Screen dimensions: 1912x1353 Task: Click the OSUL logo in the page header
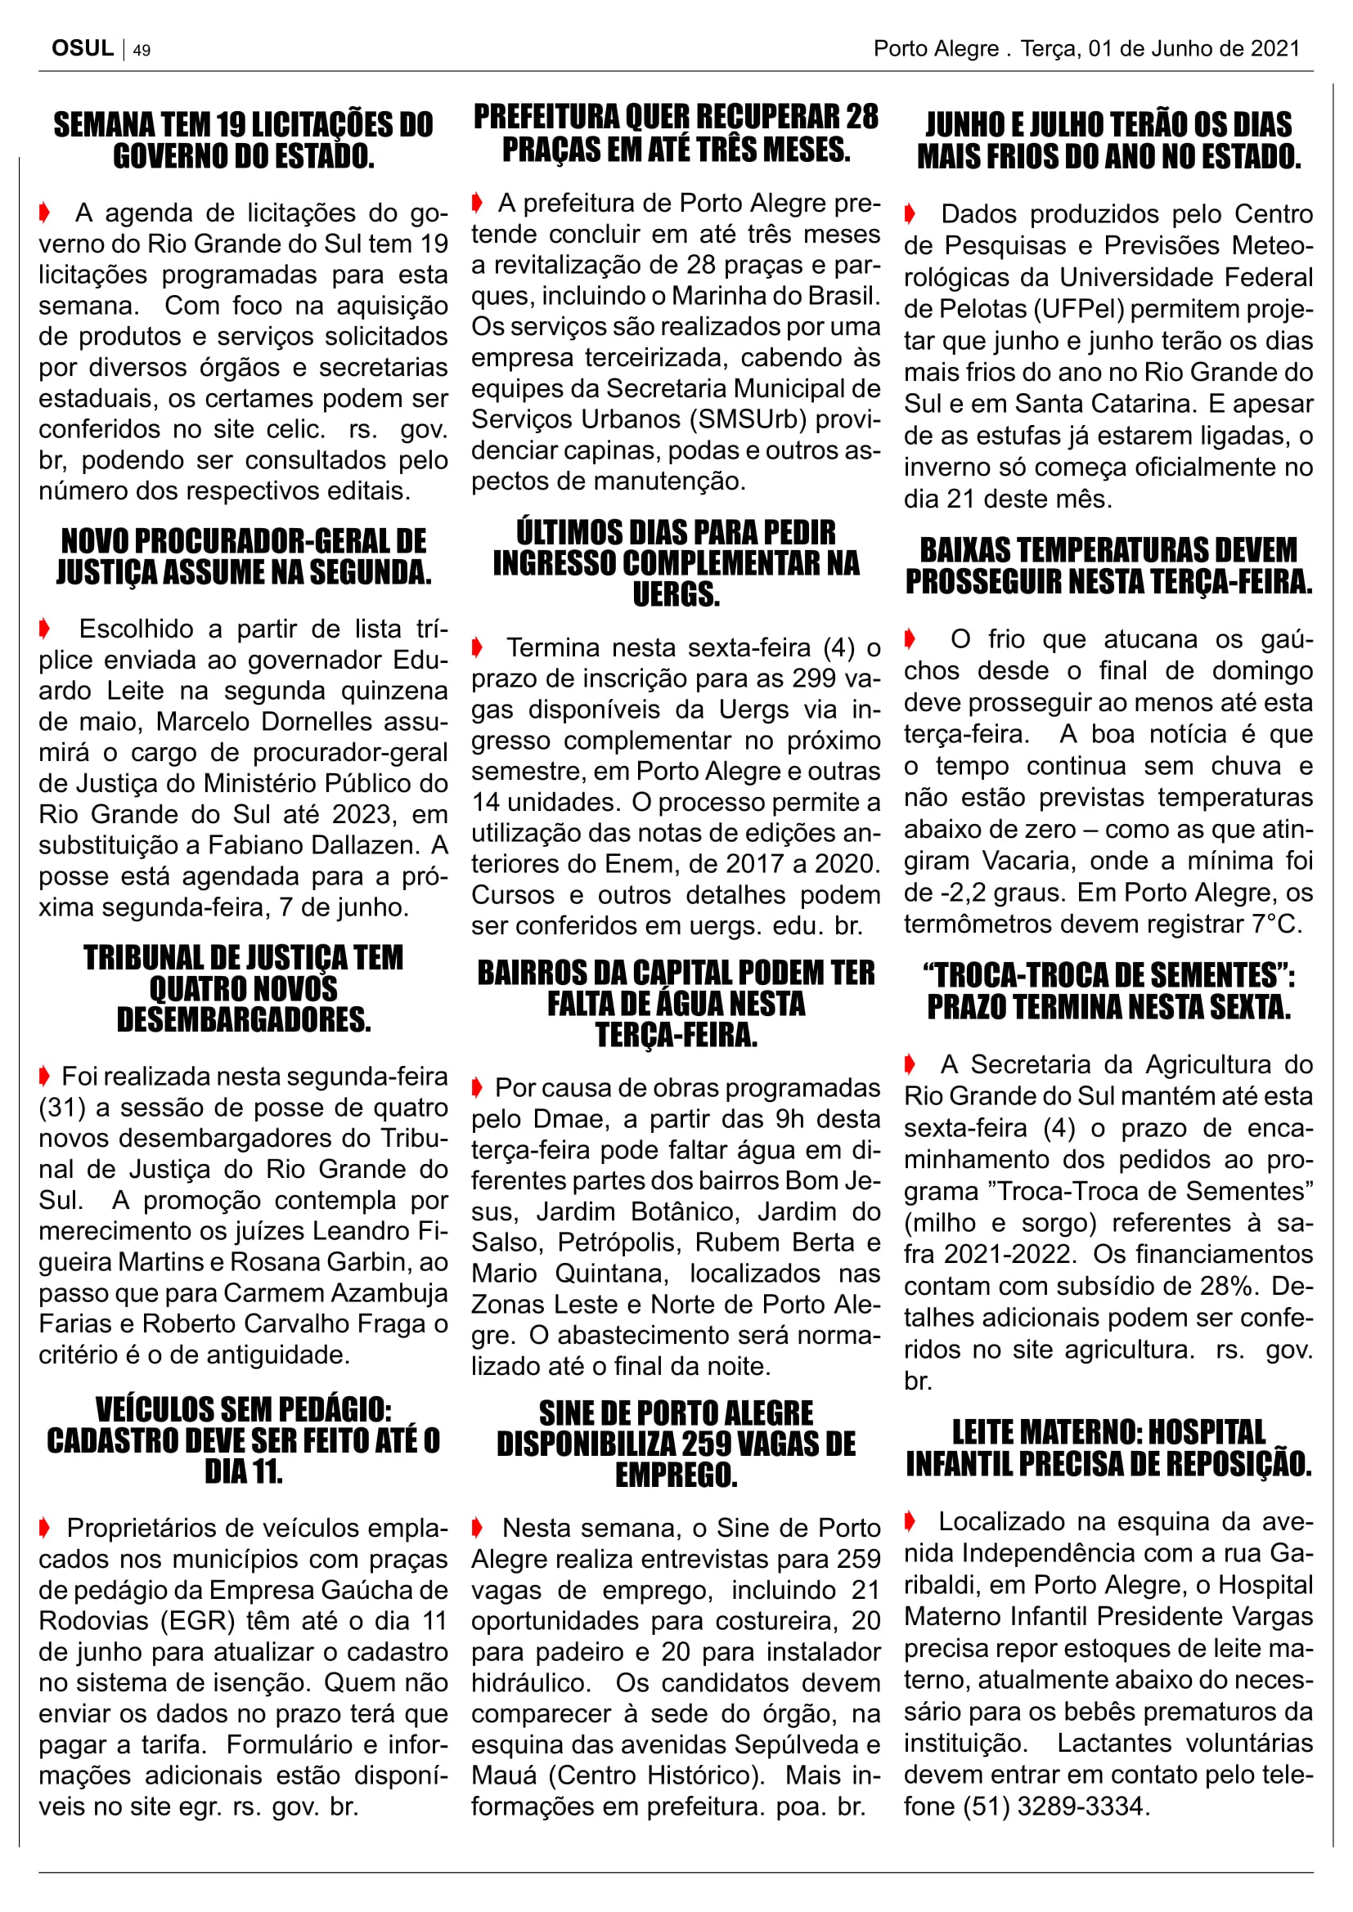pyautogui.click(x=83, y=48)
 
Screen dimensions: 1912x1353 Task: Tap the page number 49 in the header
pyautogui.click(x=142, y=50)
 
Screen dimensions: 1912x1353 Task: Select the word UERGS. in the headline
pyautogui.click(x=676, y=594)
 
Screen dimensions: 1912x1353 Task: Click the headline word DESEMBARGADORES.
pyautogui.click(x=243, y=1019)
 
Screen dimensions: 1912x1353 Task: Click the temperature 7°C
pyautogui.click(x=1280, y=924)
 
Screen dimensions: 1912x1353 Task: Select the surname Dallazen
pyautogui.click(x=365, y=844)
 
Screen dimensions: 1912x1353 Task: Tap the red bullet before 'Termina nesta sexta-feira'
pyautogui.click(x=478, y=647)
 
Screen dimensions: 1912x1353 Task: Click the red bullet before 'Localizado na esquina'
pyautogui.click(x=910, y=1521)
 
